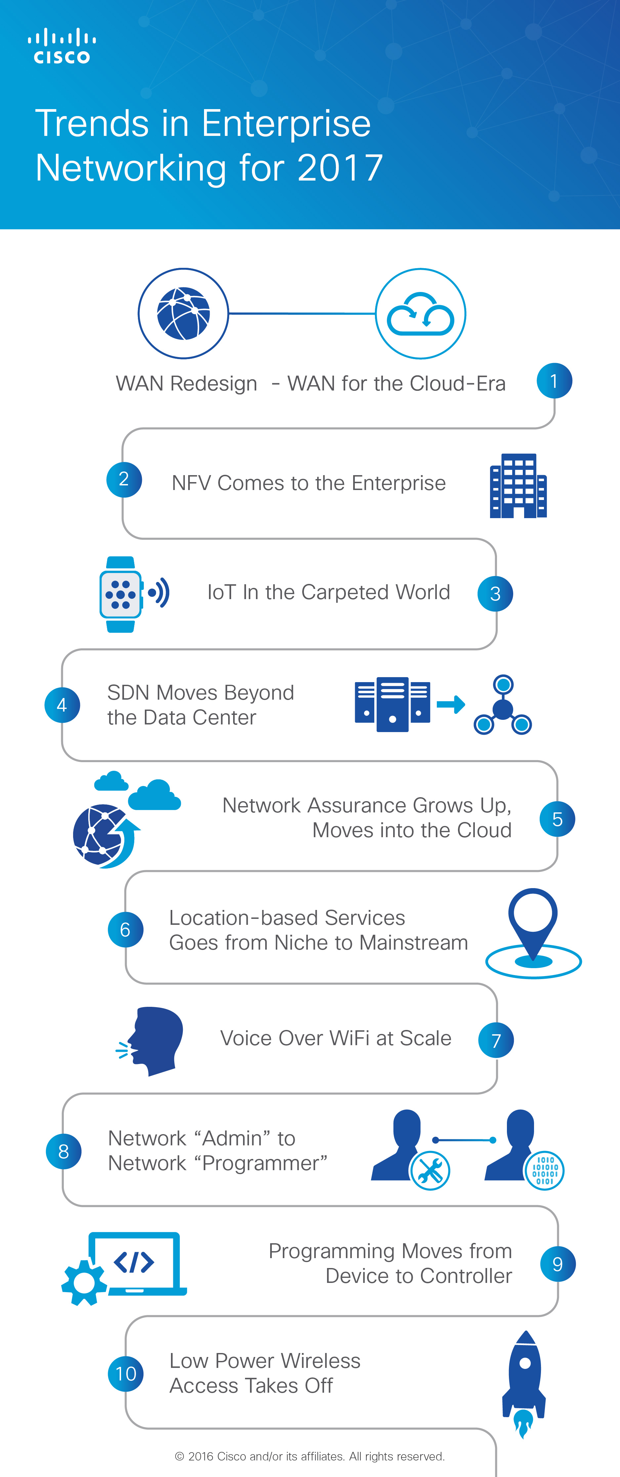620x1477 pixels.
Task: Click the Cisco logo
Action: (x=62, y=46)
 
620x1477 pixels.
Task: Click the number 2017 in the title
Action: (x=340, y=168)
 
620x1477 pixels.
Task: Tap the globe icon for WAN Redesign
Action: (x=184, y=314)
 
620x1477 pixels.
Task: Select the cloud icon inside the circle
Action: (x=420, y=314)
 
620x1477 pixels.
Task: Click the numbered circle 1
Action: (x=554, y=381)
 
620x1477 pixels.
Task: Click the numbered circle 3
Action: (x=495, y=594)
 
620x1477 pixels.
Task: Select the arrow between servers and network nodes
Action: (x=451, y=704)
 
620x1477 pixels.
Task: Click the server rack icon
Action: (x=392, y=704)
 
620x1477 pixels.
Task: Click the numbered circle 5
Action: (x=557, y=819)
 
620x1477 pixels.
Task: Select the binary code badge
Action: (x=544, y=1170)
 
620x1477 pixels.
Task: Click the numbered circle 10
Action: (x=126, y=1373)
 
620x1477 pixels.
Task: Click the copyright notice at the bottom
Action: (x=310, y=1456)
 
